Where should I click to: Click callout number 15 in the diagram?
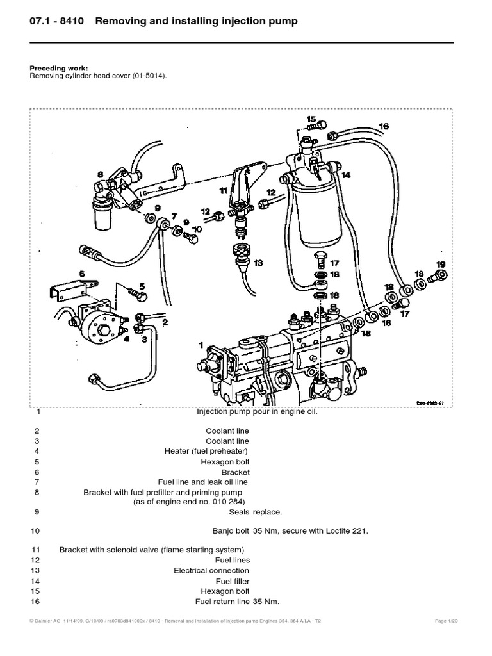(311, 119)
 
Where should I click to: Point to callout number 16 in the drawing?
(384, 127)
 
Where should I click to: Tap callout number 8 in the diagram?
(100, 174)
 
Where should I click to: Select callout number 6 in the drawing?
(82, 274)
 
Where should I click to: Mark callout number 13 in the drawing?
(258, 263)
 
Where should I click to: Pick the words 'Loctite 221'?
(345, 530)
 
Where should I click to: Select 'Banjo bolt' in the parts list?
(231, 530)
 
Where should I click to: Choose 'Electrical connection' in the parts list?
(211, 570)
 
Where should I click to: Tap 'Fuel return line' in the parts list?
(222, 601)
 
